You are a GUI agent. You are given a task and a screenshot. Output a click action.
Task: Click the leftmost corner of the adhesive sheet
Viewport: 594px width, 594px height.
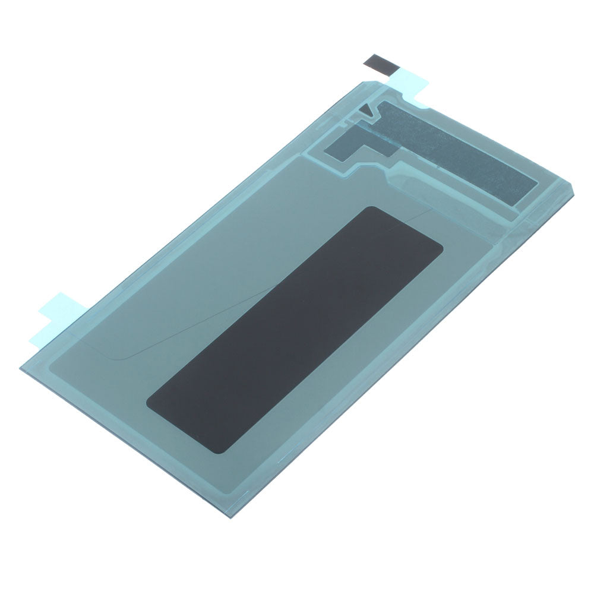20,369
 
